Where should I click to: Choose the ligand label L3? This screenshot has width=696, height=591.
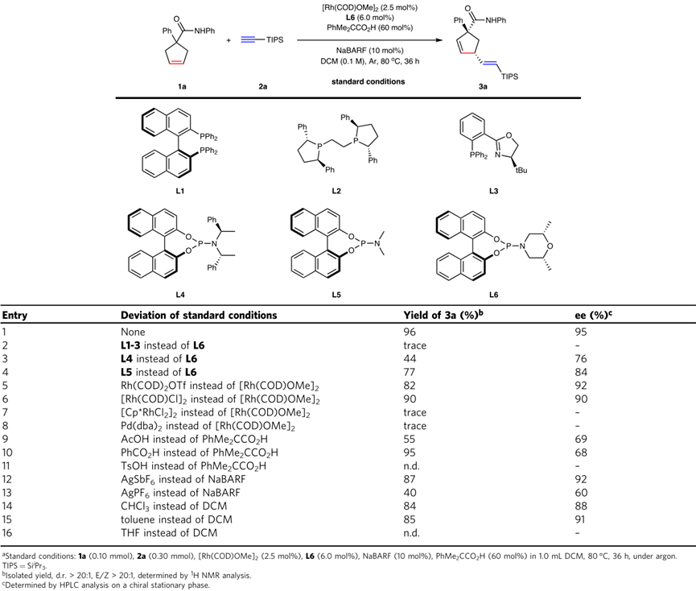(488, 190)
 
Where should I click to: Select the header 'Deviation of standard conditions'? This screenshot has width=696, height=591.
(191, 315)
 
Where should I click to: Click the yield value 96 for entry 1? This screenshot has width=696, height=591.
(408, 330)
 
